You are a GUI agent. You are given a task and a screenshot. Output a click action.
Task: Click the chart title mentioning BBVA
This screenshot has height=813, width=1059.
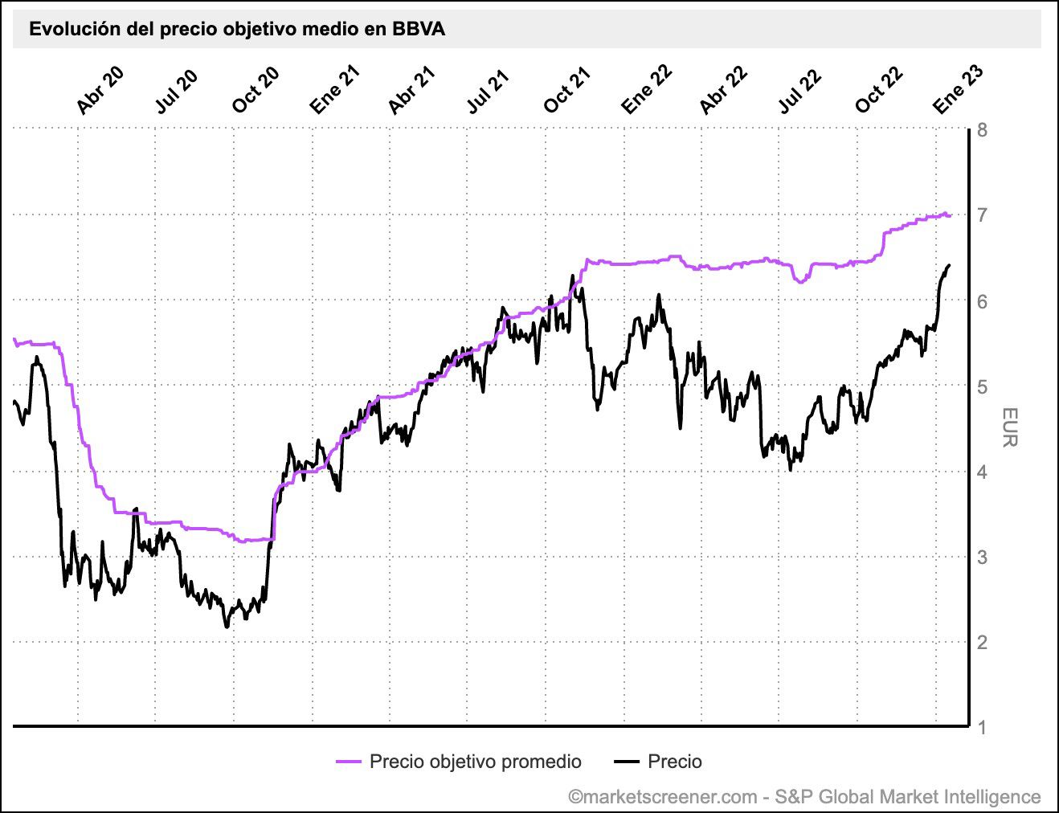coord(237,30)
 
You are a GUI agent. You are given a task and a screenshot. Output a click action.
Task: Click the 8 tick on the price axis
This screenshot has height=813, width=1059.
coord(982,130)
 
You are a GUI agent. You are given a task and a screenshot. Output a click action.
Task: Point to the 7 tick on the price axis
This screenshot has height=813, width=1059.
coord(982,215)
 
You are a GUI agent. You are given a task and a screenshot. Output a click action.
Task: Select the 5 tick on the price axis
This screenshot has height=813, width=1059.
coord(982,386)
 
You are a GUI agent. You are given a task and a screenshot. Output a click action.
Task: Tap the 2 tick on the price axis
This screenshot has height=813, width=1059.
coord(982,643)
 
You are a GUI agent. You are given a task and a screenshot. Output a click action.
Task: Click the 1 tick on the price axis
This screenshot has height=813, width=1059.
coord(982,728)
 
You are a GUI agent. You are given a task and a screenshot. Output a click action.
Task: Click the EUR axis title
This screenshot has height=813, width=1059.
coord(1010,427)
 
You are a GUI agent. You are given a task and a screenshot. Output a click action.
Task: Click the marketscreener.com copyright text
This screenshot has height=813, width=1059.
coord(804,797)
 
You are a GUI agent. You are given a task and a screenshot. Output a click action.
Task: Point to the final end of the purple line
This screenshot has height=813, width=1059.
coord(951,215)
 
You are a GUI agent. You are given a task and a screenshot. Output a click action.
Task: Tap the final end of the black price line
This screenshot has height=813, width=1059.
coord(950,265)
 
